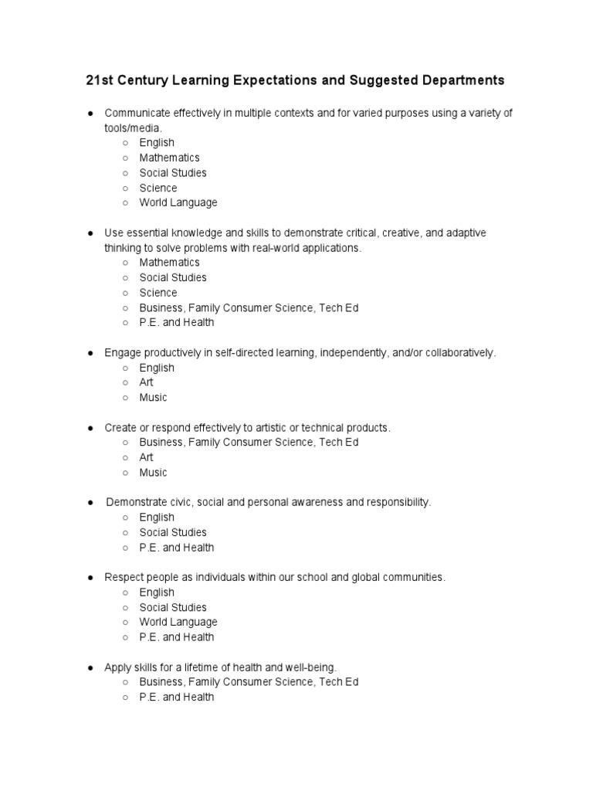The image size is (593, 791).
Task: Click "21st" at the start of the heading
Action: (98, 80)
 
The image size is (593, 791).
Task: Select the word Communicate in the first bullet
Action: (135, 113)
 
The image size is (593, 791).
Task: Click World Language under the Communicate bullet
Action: (178, 202)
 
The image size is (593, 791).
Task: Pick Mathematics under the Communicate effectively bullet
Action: (169, 158)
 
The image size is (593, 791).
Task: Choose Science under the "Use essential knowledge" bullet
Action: (158, 293)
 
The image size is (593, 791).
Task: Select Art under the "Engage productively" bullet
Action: (146, 382)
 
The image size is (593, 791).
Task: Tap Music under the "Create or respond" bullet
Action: (153, 473)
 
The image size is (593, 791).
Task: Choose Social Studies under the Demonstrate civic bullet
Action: (173, 532)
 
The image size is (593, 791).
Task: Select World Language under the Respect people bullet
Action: (178, 622)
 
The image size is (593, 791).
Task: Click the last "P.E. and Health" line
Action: (177, 698)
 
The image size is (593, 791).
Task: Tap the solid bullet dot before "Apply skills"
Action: (90, 667)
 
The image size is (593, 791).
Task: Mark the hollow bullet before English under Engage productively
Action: (124, 368)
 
